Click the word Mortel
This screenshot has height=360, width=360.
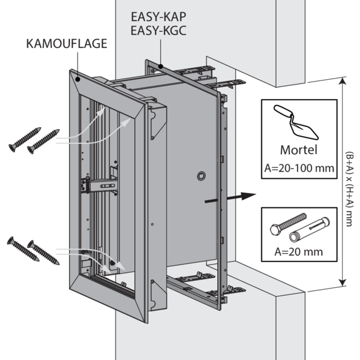(x=298, y=149)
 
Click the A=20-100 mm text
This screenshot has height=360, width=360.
(x=298, y=168)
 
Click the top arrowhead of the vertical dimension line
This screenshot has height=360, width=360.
(x=342, y=85)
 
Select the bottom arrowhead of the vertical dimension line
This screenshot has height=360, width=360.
(x=342, y=283)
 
